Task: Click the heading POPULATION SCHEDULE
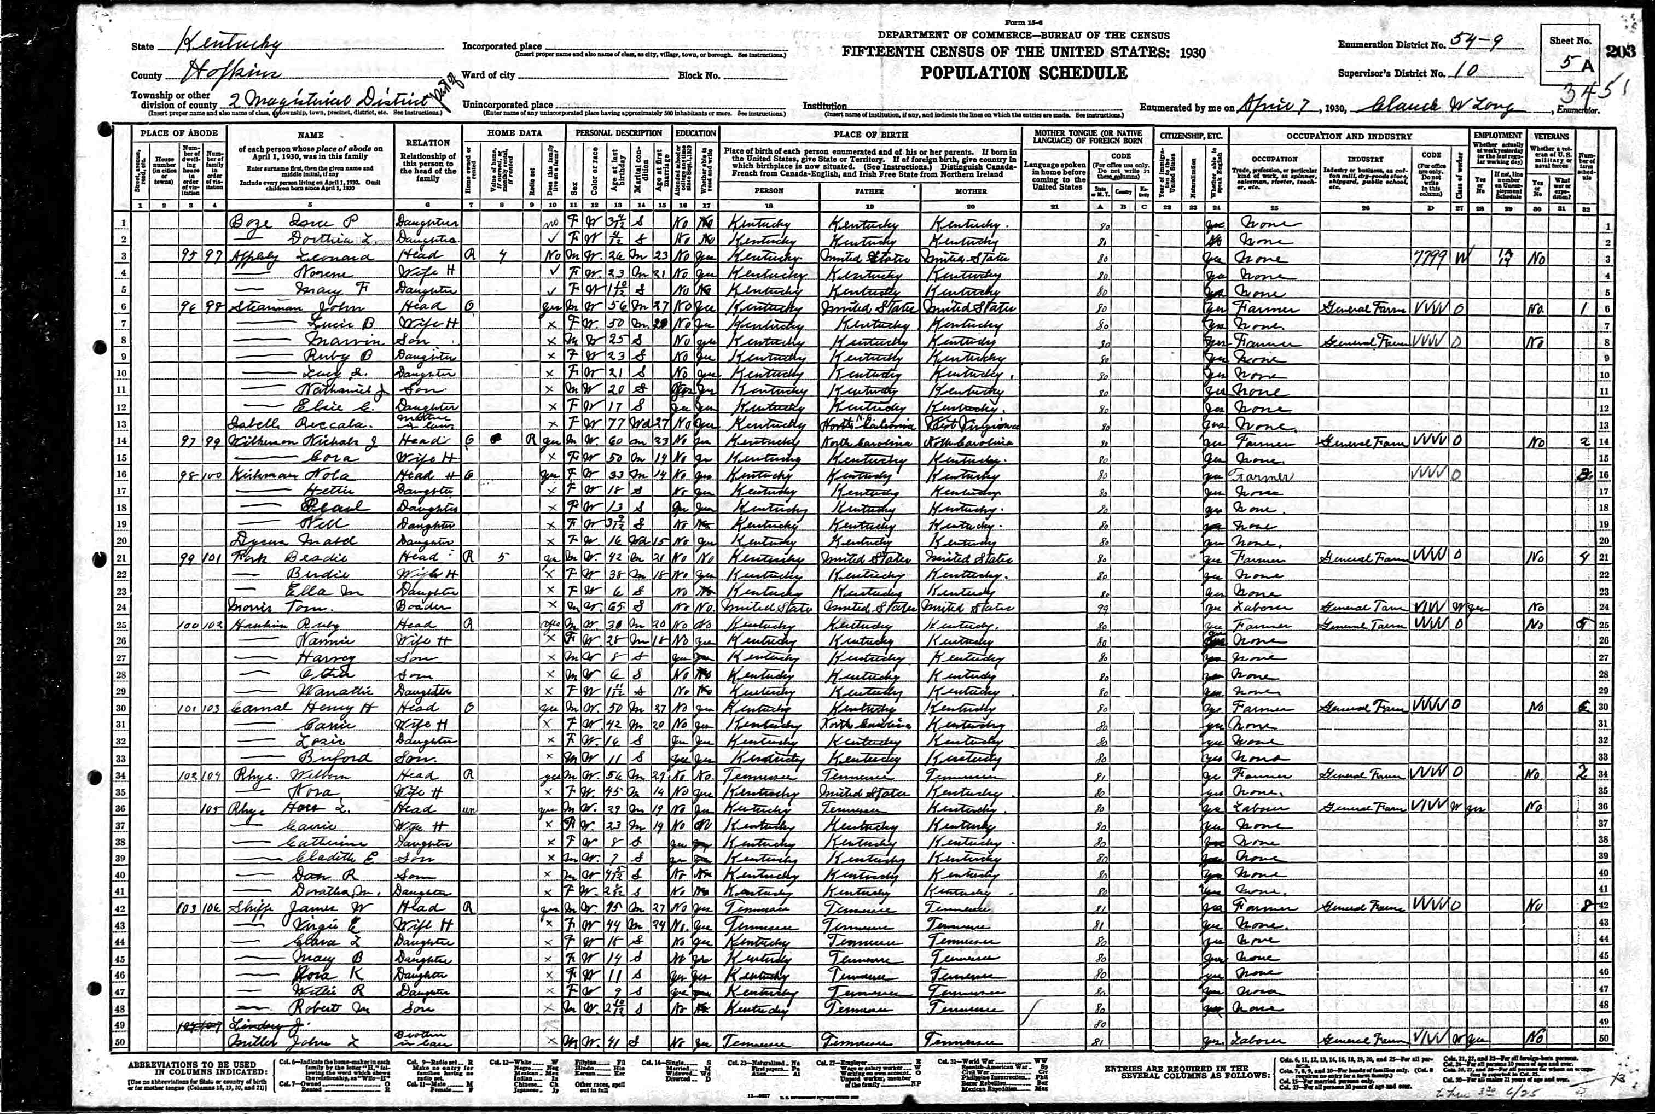tap(1023, 73)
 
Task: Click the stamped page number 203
tap(1622, 52)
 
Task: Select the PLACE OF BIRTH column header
tap(870, 135)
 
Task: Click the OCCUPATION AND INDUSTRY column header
tap(1348, 136)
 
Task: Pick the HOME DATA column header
tap(514, 133)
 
